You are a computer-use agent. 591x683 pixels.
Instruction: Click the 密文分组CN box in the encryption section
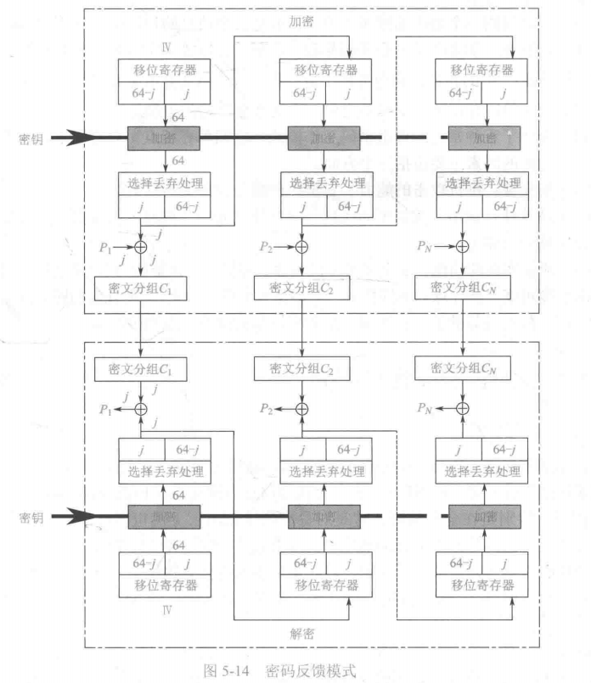463,288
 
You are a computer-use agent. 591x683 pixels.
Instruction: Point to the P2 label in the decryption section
266,408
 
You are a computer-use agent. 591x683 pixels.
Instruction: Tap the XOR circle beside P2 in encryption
301,247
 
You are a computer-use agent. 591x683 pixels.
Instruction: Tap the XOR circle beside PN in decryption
463,408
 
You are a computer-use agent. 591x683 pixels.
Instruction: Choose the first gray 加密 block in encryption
163,137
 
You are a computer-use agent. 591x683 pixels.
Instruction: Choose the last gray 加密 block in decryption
483,516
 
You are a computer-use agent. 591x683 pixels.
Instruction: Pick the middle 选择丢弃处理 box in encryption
323,183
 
